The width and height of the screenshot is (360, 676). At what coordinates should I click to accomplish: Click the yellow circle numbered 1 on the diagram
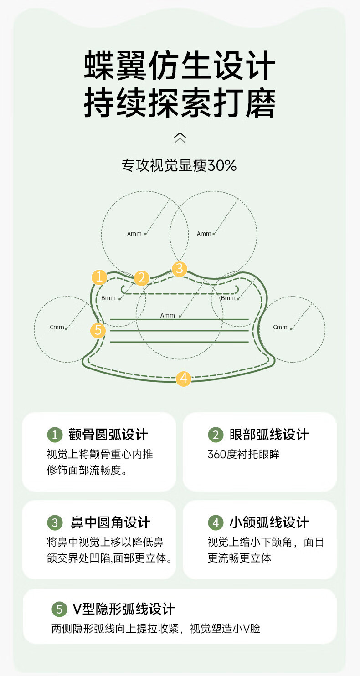point(99,277)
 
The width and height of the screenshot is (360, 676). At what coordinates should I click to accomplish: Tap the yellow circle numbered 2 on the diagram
point(142,278)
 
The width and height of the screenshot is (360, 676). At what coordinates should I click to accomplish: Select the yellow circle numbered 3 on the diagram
point(180,269)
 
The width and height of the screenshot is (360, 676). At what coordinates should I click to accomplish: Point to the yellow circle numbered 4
point(184,378)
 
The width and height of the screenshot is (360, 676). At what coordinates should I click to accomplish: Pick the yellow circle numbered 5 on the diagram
point(98,330)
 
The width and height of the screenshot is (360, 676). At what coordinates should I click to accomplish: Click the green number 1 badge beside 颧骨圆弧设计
point(55,435)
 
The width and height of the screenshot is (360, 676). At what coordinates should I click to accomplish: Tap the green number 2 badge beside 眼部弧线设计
point(216,435)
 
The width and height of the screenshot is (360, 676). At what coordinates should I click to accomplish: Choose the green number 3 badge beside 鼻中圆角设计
point(55,522)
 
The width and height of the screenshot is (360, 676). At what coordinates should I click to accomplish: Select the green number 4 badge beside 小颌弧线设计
point(216,522)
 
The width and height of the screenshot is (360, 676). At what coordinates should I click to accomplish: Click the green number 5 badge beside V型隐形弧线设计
point(59,609)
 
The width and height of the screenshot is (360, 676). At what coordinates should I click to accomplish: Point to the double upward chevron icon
point(180,138)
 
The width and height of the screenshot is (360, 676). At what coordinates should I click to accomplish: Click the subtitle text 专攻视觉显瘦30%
point(179,165)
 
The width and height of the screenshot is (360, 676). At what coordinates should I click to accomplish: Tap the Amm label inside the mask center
point(167,315)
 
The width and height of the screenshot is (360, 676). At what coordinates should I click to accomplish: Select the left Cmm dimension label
point(57,327)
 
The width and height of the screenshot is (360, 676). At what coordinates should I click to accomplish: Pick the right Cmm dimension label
point(280,327)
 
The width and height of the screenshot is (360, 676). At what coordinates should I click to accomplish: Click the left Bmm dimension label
point(108,298)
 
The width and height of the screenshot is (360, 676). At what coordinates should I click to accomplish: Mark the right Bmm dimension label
point(228,298)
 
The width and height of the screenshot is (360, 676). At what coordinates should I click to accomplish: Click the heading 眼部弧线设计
point(269,435)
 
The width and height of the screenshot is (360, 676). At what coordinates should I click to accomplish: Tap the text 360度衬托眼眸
point(243,454)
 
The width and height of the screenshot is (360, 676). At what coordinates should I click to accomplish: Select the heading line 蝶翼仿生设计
point(180,67)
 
